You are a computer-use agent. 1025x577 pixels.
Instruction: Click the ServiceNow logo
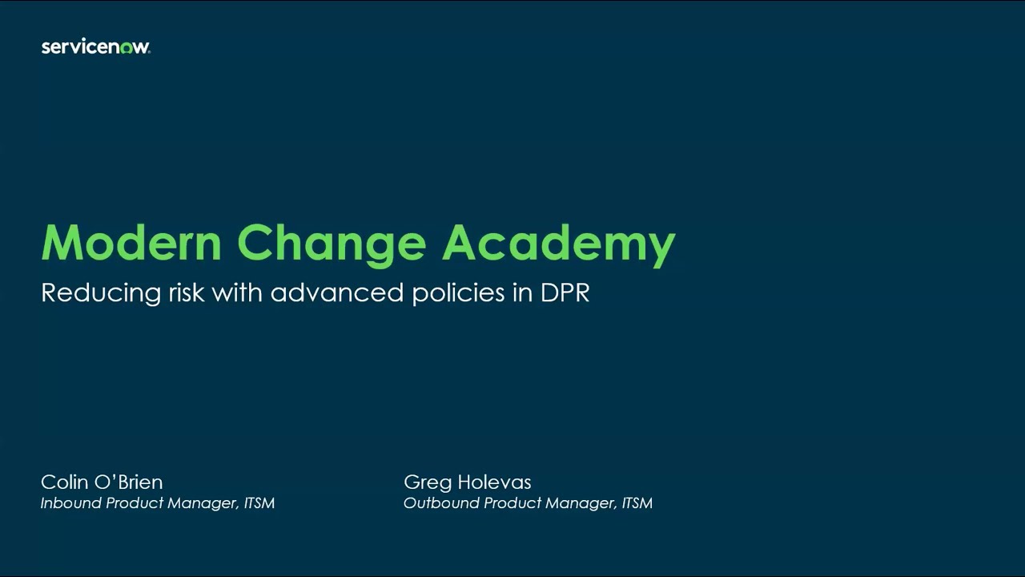click(95, 47)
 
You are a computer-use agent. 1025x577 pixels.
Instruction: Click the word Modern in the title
click(131, 243)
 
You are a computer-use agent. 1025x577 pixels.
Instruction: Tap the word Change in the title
click(331, 243)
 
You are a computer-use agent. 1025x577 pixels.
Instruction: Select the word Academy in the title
click(558, 244)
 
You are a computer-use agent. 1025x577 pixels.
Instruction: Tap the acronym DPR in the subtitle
click(565, 293)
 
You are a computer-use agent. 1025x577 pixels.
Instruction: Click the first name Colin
click(64, 482)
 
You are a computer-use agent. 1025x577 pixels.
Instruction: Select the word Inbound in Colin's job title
click(70, 503)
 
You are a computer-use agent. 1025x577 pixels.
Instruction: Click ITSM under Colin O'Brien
click(259, 503)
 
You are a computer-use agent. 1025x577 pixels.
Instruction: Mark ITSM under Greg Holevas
click(637, 503)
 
